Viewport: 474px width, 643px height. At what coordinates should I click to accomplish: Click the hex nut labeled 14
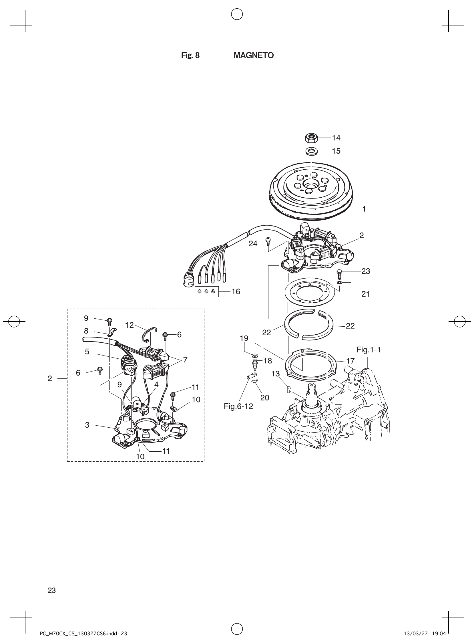311,138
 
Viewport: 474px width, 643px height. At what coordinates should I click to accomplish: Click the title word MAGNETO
254,55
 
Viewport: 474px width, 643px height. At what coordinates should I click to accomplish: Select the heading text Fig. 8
190,55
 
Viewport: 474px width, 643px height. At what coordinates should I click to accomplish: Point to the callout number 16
236,292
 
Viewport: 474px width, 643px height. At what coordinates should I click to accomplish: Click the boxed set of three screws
207,291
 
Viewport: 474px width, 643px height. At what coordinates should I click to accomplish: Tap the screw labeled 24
268,241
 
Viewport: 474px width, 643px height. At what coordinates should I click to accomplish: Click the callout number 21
366,294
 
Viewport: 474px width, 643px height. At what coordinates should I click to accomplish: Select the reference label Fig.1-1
369,350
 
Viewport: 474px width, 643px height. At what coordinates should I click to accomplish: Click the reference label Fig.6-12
238,406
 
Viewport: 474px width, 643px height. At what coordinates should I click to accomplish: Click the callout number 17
350,360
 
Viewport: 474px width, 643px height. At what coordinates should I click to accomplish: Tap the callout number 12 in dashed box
130,325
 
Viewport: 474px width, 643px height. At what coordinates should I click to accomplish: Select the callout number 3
87,425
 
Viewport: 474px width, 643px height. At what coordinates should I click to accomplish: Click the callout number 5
87,352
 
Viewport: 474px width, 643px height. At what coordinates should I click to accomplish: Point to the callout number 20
264,398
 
